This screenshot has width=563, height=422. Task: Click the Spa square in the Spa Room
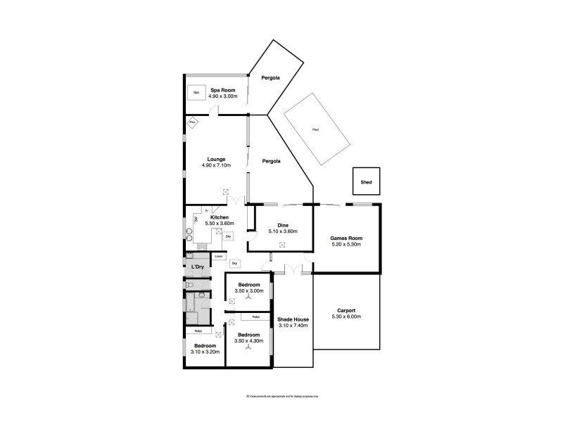click(x=196, y=92)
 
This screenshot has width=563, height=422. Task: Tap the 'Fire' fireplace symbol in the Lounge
click(x=192, y=122)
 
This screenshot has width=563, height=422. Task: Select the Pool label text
click(x=314, y=129)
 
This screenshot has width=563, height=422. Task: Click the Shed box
click(x=366, y=181)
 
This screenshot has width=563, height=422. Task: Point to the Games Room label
click(x=346, y=238)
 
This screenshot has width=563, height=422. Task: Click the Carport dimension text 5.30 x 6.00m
click(x=346, y=316)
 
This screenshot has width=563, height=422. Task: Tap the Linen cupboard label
click(x=219, y=256)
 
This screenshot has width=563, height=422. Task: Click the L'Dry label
click(x=198, y=267)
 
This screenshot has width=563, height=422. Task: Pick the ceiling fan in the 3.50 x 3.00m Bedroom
click(x=248, y=297)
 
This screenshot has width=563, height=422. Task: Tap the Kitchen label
click(x=220, y=217)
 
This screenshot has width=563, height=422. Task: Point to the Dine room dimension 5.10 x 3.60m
click(x=282, y=231)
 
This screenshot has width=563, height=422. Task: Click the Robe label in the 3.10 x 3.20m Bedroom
click(x=198, y=331)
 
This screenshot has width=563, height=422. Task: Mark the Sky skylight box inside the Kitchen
click(x=228, y=237)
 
